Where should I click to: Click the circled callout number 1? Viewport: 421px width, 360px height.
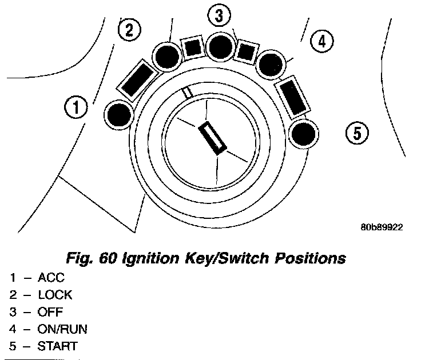(76, 106)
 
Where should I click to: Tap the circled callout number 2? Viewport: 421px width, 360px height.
(128, 30)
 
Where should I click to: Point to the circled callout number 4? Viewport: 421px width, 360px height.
(321, 41)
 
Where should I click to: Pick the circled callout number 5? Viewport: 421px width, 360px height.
(357, 134)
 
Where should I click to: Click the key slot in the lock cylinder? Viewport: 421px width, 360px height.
(213, 137)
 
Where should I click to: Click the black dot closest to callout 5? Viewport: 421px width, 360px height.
(303, 135)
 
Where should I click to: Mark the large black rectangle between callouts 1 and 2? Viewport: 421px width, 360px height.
(138, 79)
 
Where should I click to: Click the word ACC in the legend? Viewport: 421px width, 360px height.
(51, 279)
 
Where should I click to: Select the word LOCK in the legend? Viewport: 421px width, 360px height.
(55, 295)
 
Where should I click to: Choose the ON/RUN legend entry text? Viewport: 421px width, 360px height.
(62, 330)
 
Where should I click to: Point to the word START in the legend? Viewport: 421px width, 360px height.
(57, 346)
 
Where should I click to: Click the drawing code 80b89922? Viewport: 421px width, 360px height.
(382, 227)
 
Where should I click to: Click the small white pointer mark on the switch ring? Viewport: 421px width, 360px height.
(186, 92)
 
